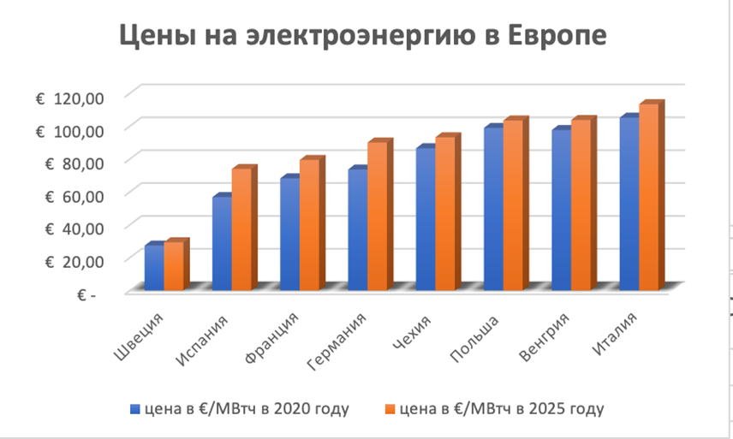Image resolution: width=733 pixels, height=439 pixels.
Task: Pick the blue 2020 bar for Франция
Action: click(289, 234)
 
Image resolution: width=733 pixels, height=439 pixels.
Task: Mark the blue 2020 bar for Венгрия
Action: click(560, 210)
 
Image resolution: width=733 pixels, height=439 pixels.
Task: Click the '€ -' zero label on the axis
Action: click(86, 294)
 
